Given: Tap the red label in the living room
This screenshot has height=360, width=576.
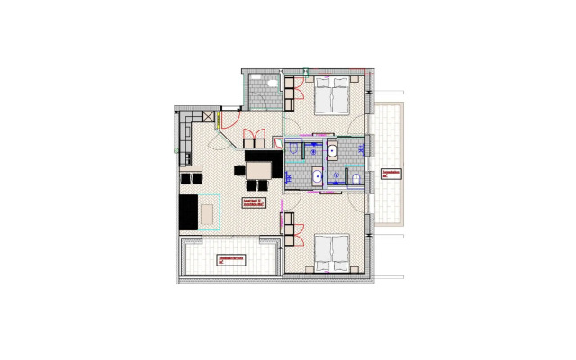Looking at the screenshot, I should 254,202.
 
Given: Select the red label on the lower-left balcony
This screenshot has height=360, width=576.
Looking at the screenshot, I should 233,260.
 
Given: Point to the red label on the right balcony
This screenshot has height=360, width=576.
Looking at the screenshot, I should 391,174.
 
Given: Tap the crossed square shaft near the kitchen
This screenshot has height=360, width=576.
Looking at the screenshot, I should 210,117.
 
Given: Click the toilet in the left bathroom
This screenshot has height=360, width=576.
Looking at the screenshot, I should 294,147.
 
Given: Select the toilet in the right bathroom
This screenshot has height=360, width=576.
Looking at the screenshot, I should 357,180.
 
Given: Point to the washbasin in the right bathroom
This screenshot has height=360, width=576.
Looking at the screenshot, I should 333,150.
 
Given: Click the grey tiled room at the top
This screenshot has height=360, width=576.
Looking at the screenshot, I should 264,89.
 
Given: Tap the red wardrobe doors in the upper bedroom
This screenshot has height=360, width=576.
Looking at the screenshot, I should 293,88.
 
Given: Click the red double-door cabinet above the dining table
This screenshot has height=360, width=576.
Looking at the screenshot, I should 253,139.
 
